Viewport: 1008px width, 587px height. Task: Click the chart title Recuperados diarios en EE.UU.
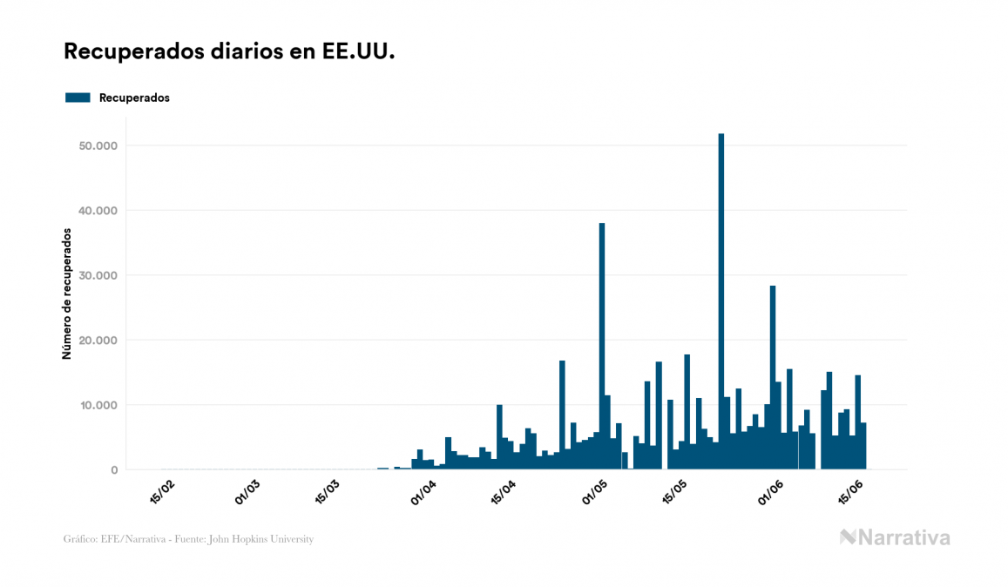(x=229, y=52)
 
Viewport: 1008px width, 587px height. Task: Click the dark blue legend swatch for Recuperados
(x=78, y=98)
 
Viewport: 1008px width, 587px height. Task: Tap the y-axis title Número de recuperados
(x=67, y=293)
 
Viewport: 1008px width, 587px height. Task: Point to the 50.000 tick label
(x=98, y=145)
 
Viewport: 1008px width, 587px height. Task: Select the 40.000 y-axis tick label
(x=98, y=211)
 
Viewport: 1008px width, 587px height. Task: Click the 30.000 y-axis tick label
(x=98, y=275)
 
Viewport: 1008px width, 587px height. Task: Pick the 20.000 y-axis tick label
(x=98, y=341)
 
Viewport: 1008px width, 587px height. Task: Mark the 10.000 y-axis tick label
(x=98, y=405)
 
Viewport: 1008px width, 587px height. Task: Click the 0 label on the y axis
(x=113, y=470)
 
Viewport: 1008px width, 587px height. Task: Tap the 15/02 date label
(x=163, y=491)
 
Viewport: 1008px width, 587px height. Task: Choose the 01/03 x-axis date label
(x=247, y=491)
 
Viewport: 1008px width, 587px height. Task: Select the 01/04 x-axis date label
(x=423, y=491)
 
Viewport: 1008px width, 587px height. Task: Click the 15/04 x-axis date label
(x=505, y=491)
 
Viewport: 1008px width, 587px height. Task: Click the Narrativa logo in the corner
(x=895, y=537)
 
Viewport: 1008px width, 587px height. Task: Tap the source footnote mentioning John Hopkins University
(x=188, y=539)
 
